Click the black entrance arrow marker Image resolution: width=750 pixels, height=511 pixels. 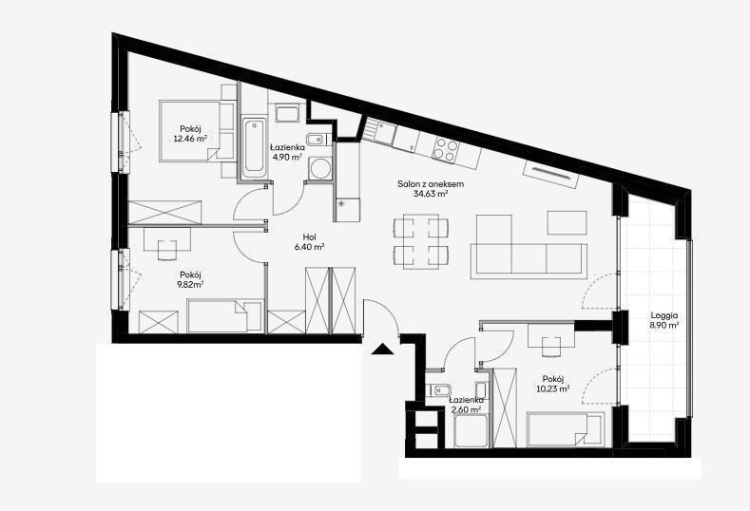pyautogui.click(x=382, y=350)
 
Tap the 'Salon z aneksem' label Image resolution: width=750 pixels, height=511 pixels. pyautogui.click(x=431, y=184)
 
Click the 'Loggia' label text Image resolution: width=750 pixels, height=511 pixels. pyautogui.click(x=663, y=316)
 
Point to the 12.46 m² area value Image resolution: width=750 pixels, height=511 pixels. pyautogui.click(x=190, y=139)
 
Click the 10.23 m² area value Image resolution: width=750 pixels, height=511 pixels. pyautogui.click(x=553, y=388)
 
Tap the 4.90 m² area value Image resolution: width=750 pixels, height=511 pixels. pyautogui.click(x=286, y=158)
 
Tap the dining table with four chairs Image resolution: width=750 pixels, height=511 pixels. pyautogui.click(x=421, y=241)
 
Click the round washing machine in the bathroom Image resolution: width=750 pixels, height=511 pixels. pyautogui.click(x=319, y=169)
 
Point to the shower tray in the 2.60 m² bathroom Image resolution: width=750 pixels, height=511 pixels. pyautogui.click(x=471, y=431)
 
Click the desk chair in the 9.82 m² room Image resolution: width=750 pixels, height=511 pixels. pyautogui.click(x=167, y=250)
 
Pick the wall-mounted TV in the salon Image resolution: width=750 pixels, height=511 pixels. pyautogui.click(x=551, y=174)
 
